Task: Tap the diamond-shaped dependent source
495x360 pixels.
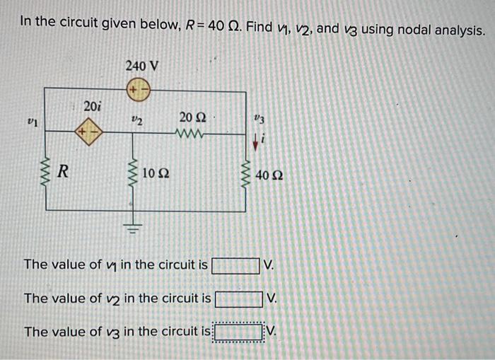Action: click(x=89, y=132)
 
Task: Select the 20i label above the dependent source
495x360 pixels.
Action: click(x=92, y=106)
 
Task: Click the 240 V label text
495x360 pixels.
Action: click(x=141, y=66)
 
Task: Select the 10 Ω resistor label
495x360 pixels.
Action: click(x=155, y=173)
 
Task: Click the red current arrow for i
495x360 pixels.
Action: click(x=255, y=143)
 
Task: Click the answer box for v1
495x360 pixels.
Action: click(x=235, y=265)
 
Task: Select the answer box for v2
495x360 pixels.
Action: click(x=238, y=298)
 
